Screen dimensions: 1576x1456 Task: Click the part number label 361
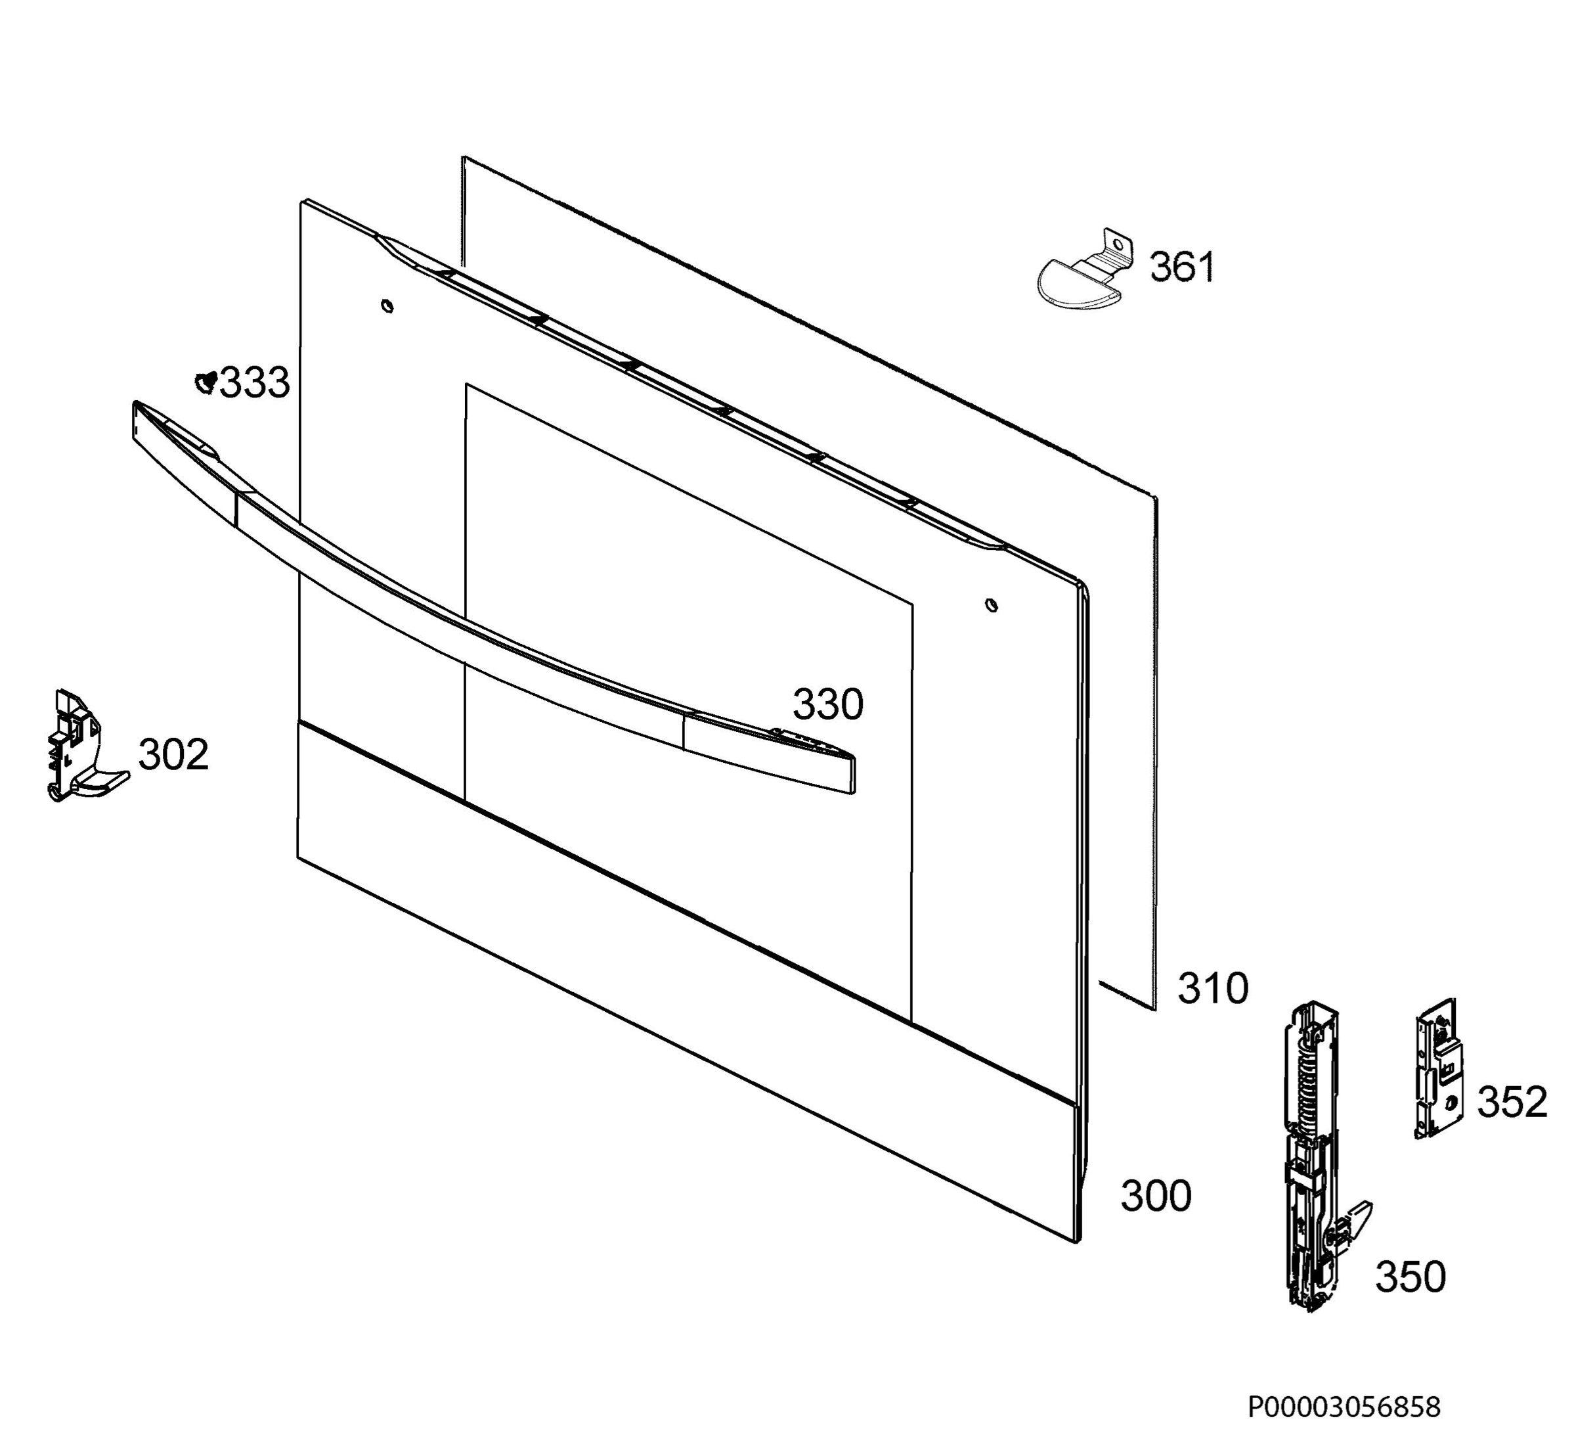(x=1182, y=267)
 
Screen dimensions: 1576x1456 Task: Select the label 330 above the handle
(x=828, y=704)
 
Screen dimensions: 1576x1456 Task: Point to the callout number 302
(x=173, y=755)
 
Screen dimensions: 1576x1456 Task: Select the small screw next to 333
(x=206, y=382)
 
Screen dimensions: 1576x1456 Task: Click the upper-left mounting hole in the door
(x=387, y=306)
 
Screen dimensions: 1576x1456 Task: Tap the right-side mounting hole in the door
(x=992, y=605)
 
